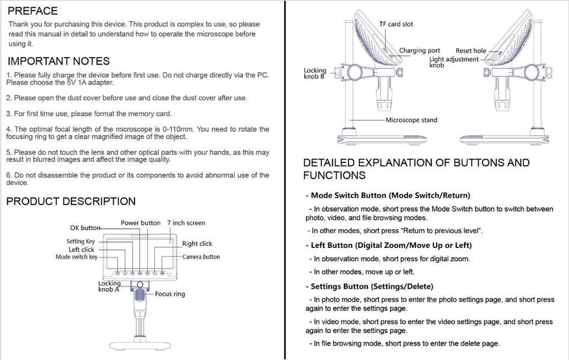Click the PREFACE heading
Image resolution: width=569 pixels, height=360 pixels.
[x=33, y=11]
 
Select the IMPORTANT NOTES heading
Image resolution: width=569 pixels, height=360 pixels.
[x=58, y=61]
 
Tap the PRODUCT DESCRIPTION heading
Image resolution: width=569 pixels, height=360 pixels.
[x=71, y=202]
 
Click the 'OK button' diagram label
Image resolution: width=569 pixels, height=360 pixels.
[x=85, y=228]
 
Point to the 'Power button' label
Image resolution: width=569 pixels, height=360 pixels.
[x=140, y=223]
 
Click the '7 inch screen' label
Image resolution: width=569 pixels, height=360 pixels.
[x=186, y=223]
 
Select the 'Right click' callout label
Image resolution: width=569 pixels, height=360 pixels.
[x=197, y=244]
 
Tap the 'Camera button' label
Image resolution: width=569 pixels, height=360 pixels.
[x=201, y=257]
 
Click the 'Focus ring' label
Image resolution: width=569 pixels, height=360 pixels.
[x=170, y=294]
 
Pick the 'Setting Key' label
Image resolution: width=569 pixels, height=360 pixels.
[x=81, y=241]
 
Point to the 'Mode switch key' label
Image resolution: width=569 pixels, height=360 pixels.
[x=76, y=257]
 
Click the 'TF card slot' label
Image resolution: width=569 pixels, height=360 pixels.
[x=396, y=24]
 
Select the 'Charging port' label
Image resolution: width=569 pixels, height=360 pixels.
[x=420, y=51]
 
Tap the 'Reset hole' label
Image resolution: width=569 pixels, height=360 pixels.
[x=471, y=51]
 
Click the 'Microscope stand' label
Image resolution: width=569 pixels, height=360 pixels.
[x=411, y=120]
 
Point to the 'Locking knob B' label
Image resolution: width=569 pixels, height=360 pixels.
[x=315, y=74]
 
